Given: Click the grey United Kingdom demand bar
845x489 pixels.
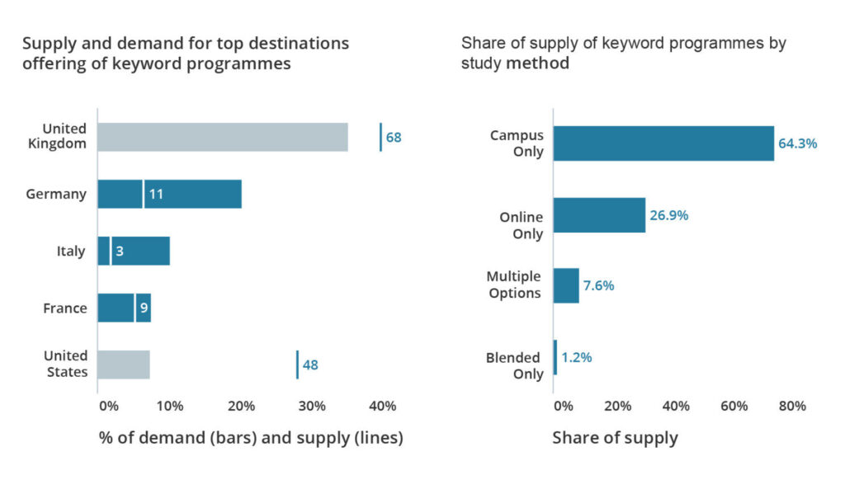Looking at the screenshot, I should (223, 137).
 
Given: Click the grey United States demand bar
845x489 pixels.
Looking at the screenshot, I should (124, 364).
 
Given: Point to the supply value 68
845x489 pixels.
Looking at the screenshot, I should (394, 137).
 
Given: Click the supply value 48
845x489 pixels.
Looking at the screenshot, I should (310, 364).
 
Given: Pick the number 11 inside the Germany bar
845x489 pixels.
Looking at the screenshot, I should (155, 195).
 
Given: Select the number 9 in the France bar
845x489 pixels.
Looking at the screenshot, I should (144, 308).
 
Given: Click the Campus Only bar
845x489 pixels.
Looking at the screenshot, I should (663, 143).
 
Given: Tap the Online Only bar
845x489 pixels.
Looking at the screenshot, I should (599, 215).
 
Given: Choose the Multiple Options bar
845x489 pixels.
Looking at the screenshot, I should (566, 285).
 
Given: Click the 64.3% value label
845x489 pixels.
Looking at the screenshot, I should (797, 143).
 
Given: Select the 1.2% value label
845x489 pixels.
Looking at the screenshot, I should (577, 357).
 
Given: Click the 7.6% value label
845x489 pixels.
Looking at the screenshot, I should (599, 285).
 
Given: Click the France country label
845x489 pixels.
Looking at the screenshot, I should (64, 308).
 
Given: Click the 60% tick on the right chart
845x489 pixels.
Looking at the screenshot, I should (734, 407).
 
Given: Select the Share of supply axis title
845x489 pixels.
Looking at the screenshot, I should (615, 438).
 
